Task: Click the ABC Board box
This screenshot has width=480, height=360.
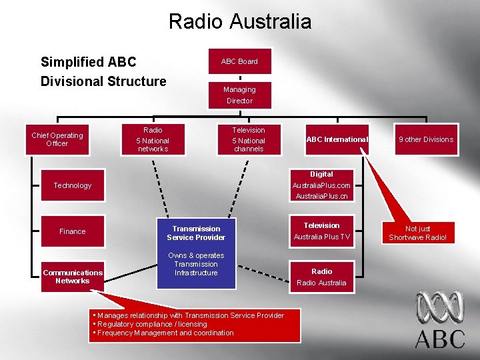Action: click(239, 61)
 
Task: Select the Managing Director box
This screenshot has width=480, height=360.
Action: click(239, 95)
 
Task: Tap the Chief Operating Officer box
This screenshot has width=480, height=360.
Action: click(57, 139)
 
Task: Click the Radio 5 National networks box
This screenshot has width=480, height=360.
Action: click(153, 139)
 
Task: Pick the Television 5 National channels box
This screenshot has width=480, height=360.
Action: click(249, 139)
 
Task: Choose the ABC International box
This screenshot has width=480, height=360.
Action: click(336, 139)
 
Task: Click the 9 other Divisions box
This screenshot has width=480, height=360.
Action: click(425, 139)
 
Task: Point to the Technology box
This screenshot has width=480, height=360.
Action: click(73, 185)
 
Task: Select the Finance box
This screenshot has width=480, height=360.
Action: click(73, 231)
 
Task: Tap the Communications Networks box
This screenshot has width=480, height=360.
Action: click(73, 276)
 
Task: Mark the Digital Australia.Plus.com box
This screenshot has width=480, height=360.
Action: click(322, 185)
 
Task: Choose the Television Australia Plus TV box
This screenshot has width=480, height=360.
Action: click(322, 231)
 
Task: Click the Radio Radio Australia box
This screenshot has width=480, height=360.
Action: click(322, 277)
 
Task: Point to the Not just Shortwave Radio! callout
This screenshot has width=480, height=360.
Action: click(418, 233)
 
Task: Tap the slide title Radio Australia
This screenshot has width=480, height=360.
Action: click(240, 21)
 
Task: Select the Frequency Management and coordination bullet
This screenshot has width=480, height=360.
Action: click(164, 333)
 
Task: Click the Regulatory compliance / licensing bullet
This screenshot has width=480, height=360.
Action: click(151, 324)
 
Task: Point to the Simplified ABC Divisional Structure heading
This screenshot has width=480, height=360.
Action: click(103, 72)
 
